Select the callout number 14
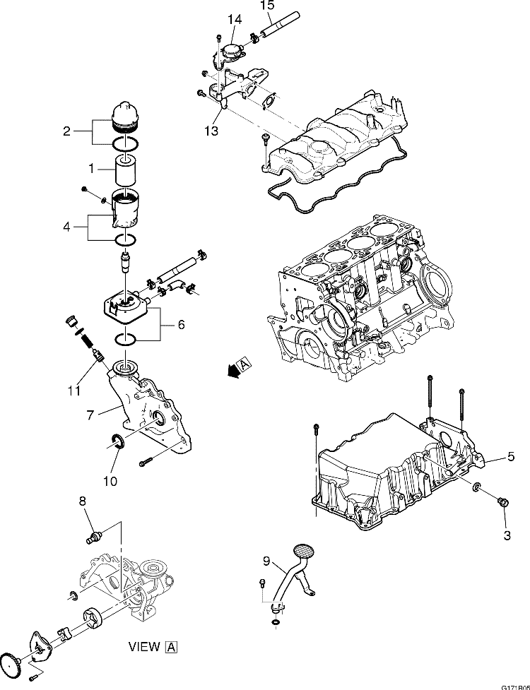click(x=235, y=18)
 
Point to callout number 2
click(x=66, y=131)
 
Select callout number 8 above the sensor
click(x=83, y=501)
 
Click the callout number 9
click(x=266, y=562)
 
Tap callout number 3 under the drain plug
click(x=506, y=536)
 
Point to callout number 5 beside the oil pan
click(x=510, y=458)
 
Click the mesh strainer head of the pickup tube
click(x=304, y=548)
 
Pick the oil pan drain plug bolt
click(x=502, y=502)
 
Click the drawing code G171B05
click(x=514, y=686)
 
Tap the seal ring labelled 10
click(x=118, y=443)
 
